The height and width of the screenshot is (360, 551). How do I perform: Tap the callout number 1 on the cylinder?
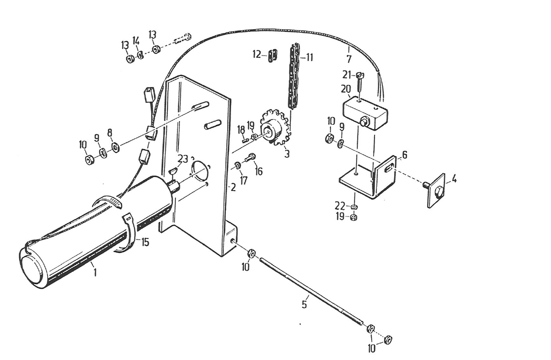click(95, 274)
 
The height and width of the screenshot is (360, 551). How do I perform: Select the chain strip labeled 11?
click(294, 76)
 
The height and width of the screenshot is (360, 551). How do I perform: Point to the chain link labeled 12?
click(273, 55)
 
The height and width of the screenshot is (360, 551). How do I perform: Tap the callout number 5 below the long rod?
click(304, 304)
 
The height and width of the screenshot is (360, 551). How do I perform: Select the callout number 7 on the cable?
click(349, 59)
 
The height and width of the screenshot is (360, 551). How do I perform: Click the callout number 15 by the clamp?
click(144, 242)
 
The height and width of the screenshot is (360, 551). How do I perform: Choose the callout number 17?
click(244, 180)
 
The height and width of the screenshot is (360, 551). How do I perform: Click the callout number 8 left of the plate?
click(110, 132)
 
